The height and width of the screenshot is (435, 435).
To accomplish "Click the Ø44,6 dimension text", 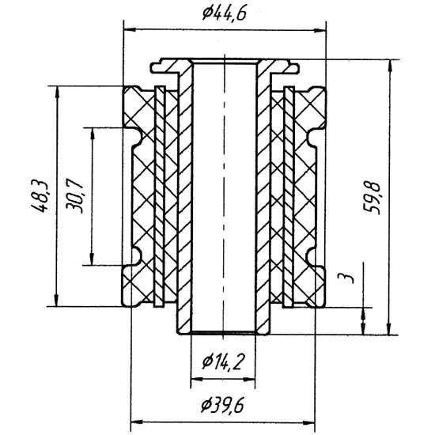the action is coord(224,13).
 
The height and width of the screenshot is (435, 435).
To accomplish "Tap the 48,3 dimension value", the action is coord(38,196).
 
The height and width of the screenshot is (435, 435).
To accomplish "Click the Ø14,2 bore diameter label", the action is coord(223,362).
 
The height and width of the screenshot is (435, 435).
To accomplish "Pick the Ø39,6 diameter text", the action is coord(222,406).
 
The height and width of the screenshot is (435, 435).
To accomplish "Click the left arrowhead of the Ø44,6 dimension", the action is coord(129,29).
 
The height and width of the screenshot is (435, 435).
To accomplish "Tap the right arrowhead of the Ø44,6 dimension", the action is coord(320,30).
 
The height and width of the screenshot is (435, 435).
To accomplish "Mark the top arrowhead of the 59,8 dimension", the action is coord(390,66).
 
